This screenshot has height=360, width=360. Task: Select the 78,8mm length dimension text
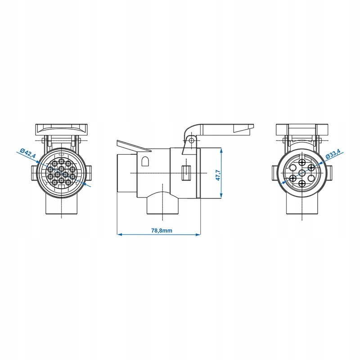coord(162,230)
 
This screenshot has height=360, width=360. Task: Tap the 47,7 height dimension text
coord(218,175)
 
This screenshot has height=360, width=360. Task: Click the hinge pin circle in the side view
coord(190,140)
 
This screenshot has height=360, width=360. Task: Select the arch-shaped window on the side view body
coord(145,161)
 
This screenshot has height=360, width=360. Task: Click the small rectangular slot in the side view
coord(185,173)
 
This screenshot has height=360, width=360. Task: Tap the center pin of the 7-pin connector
coord(301,173)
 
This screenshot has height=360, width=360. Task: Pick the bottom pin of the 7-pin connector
coord(302,183)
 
